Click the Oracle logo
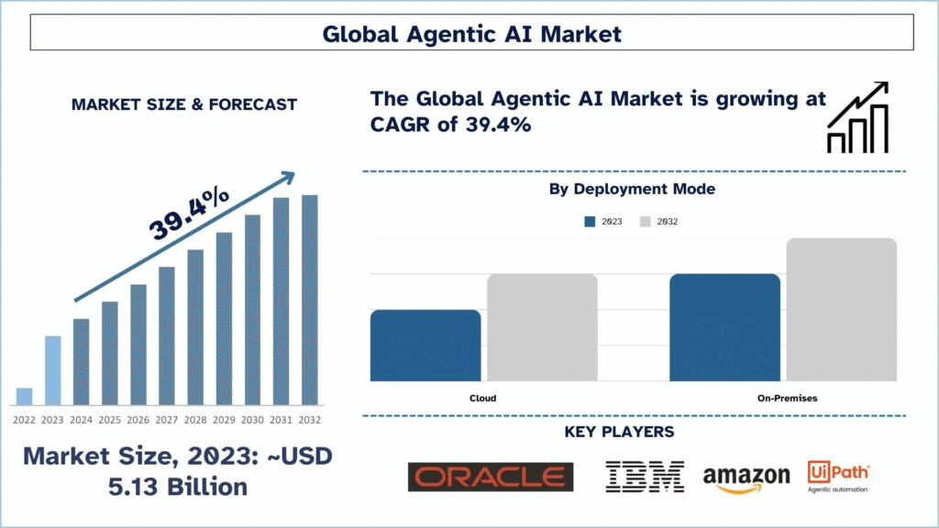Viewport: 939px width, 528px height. pyautogui.click(x=490, y=477)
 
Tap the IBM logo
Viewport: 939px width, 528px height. pyautogui.click(x=645, y=477)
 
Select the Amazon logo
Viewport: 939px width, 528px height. pyautogui.click(x=746, y=478)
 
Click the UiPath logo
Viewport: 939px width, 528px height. pyautogui.click(x=838, y=476)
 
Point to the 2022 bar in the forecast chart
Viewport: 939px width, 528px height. pyautogui.click(x=24, y=396)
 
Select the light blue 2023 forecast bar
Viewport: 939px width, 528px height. pyautogui.click(x=52, y=370)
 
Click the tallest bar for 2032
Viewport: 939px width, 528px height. pyautogui.click(x=310, y=300)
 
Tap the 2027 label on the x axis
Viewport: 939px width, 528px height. pyautogui.click(x=166, y=420)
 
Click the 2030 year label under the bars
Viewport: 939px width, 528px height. pyautogui.click(x=252, y=420)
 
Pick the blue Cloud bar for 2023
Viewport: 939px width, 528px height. pyautogui.click(x=425, y=346)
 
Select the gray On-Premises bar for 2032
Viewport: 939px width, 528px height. pyautogui.click(x=841, y=310)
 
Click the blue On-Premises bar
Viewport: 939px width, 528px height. pyautogui.click(x=724, y=327)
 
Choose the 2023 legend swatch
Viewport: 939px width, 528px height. pyautogui.click(x=591, y=222)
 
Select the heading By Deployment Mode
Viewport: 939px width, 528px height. pyautogui.click(x=632, y=189)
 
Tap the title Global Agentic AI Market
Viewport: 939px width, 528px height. pyautogui.click(x=471, y=34)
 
